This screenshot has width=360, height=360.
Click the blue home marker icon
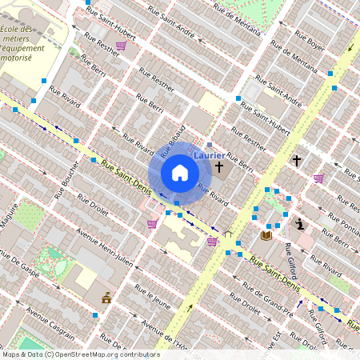pyautogui.click(x=180, y=173)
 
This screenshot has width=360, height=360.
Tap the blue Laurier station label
pyautogui.click(x=209, y=155)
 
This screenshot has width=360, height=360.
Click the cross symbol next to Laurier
pyautogui.click(x=219, y=167)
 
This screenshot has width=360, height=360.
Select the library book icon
pyautogui.click(x=266, y=235)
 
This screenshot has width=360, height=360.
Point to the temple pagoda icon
pyautogui.click(x=106, y=298)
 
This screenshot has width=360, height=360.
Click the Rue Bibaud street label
pyautogui.click(x=174, y=140)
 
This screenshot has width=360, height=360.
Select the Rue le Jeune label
pyautogui.click(x=152, y=297)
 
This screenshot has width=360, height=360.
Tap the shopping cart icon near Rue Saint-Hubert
pyautogui.click(x=120, y=46)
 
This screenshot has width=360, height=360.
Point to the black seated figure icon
pyautogui.click(x=300, y=224)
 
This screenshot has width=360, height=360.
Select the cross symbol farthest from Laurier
pyautogui.click(x=296, y=161)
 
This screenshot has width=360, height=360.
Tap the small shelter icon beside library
pyautogui.click(x=229, y=234)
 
